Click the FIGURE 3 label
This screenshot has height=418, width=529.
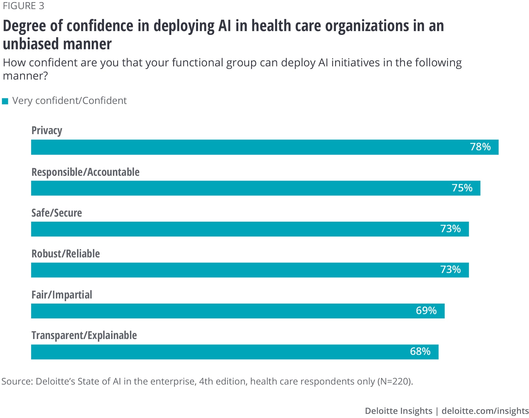tap(23, 6)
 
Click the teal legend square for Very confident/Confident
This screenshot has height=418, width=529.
tap(5, 101)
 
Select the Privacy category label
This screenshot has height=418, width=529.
tap(47, 131)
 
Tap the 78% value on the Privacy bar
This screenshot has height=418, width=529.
tap(480, 147)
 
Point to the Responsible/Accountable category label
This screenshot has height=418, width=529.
tap(85, 172)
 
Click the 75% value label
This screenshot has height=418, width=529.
tap(462, 188)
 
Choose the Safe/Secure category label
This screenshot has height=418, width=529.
tap(57, 213)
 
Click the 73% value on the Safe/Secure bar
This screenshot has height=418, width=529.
tap(450, 229)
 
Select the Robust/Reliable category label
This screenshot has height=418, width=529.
tap(66, 254)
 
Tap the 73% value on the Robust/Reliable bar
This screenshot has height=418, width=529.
tap(450, 270)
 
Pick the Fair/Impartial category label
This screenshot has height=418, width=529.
tap(62, 295)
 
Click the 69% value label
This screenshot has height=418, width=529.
tap(426, 310)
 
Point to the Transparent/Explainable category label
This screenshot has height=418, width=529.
tap(84, 335)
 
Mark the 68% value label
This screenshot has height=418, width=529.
tap(420, 351)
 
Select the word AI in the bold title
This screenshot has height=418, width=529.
tap(225, 26)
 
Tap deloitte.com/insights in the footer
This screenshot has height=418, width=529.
tap(485, 411)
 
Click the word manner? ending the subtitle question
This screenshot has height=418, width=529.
tap(25, 76)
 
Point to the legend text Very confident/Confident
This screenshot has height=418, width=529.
tap(69, 101)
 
